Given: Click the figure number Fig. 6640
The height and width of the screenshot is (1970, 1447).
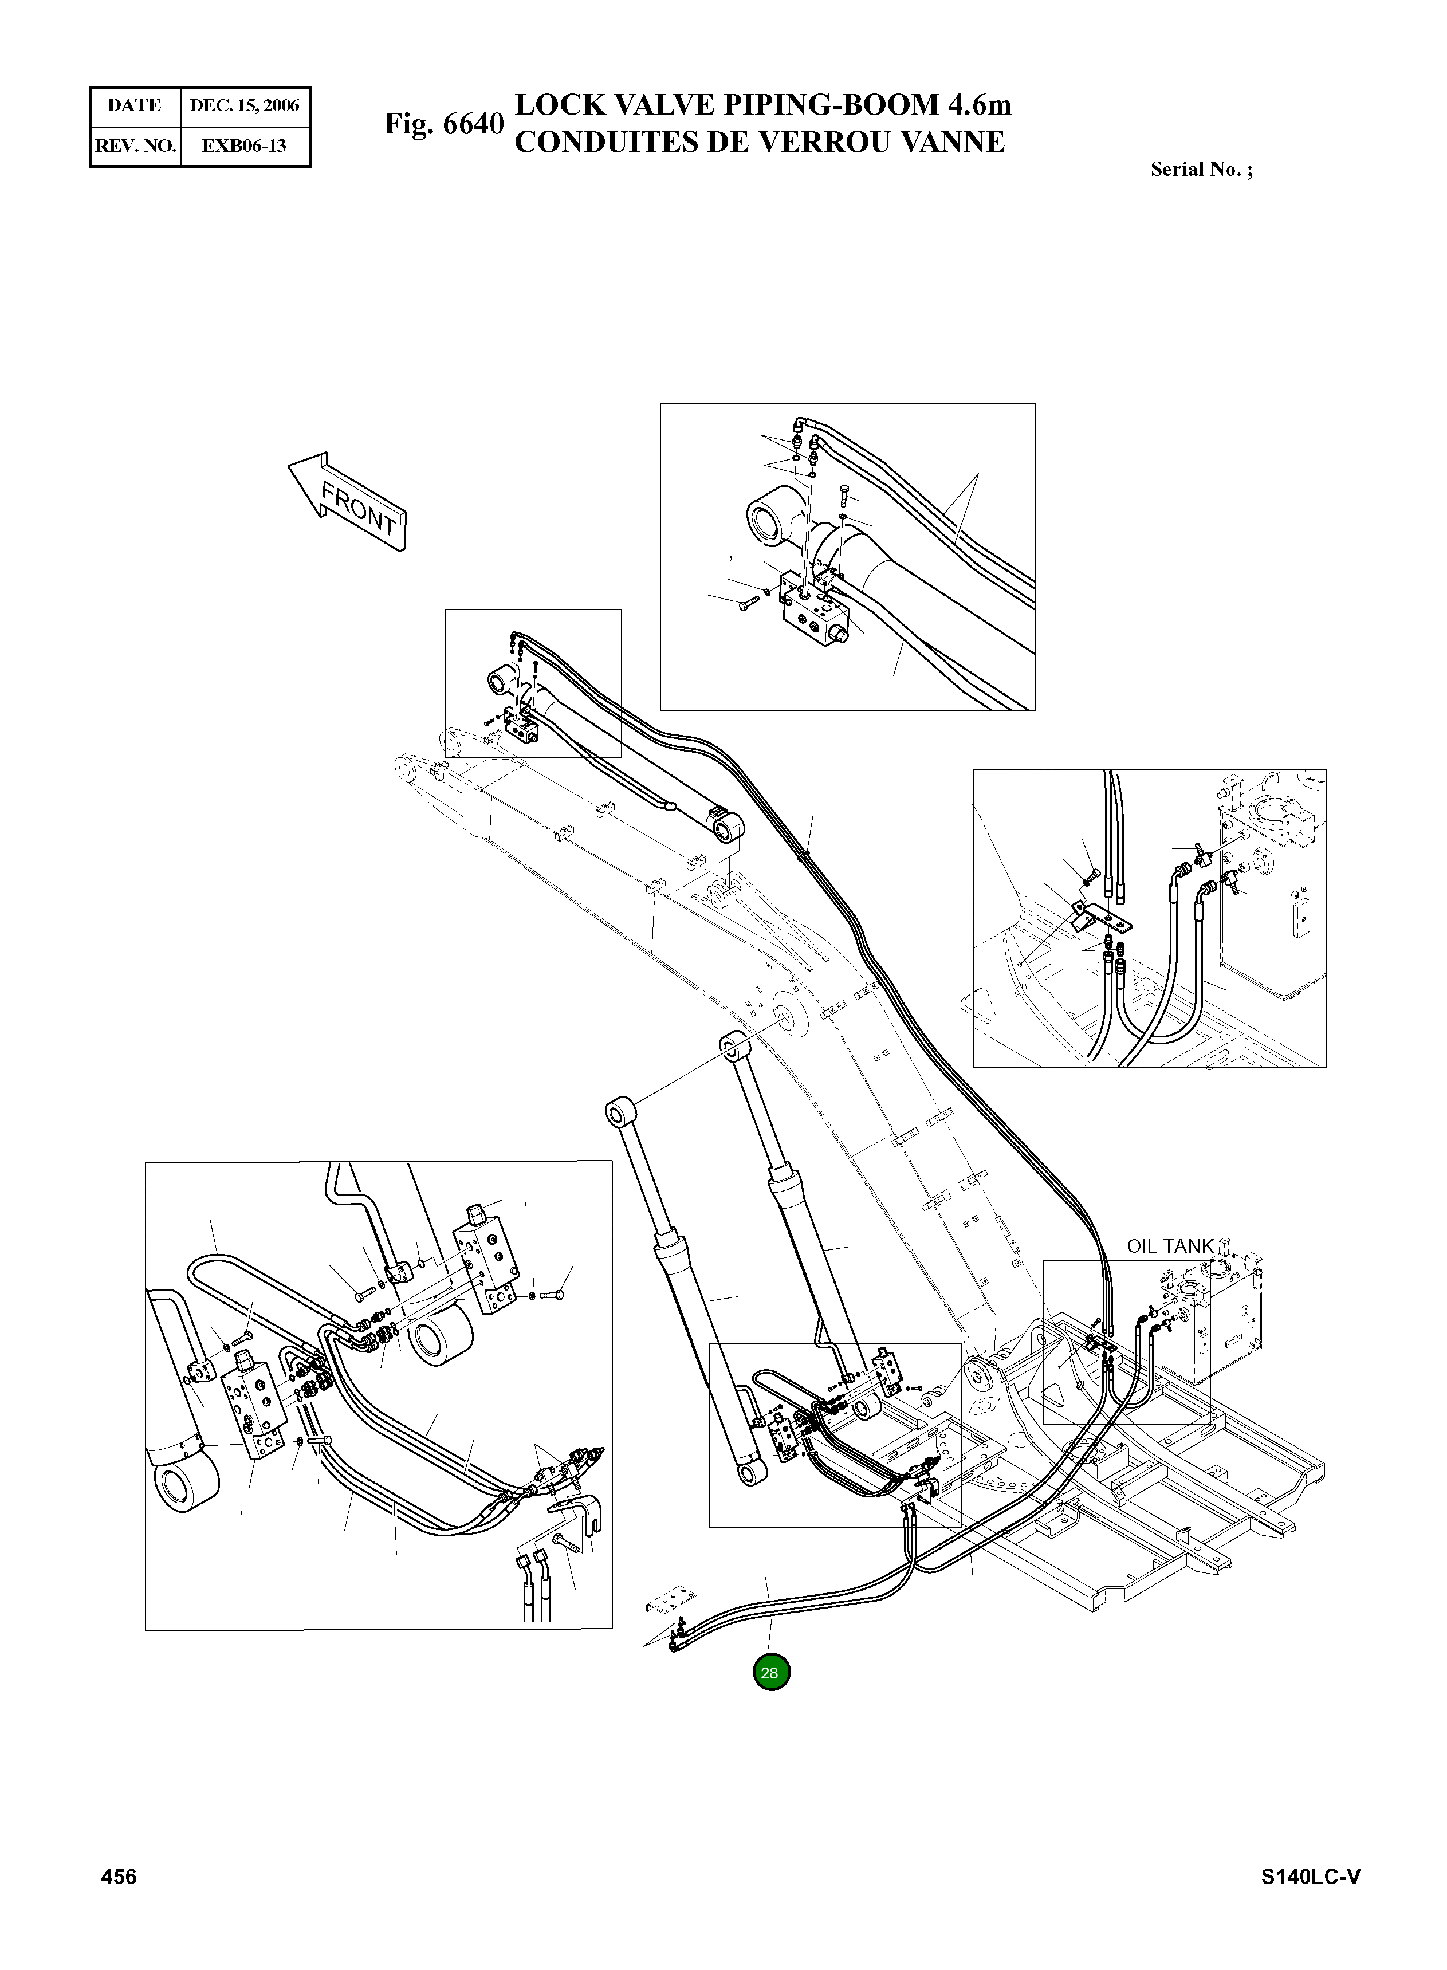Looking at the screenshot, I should click(444, 124).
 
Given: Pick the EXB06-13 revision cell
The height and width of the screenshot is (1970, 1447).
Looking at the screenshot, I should click(245, 146).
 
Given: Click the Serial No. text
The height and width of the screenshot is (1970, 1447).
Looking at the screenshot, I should click(1201, 170).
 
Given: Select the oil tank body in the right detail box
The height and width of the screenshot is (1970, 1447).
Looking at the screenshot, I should click(1270, 911).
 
